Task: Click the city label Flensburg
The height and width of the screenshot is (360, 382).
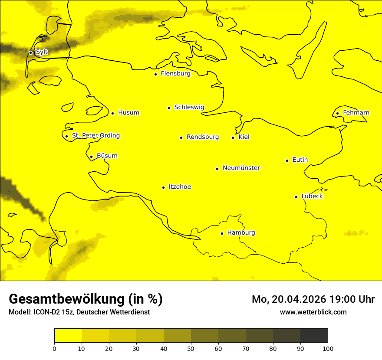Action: click(x=175, y=74)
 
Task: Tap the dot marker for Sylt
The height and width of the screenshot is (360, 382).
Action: click(x=30, y=52)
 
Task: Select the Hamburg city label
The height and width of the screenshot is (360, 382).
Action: click(x=241, y=233)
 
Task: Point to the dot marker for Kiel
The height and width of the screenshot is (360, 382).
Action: click(x=233, y=137)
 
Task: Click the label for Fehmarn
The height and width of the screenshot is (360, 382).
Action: click(x=356, y=113)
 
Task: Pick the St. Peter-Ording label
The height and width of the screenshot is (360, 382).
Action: click(x=95, y=136)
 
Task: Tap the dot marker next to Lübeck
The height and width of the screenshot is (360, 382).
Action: click(x=296, y=197)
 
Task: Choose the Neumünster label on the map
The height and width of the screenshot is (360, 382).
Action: click(x=241, y=168)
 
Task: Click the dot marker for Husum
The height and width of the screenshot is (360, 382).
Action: click(x=112, y=113)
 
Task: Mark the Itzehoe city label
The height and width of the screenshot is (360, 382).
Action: click(x=180, y=187)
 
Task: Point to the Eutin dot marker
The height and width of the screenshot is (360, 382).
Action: click(x=287, y=160)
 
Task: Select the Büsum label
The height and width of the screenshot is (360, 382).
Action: click(x=107, y=156)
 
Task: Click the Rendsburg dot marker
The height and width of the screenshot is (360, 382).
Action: click(x=181, y=137)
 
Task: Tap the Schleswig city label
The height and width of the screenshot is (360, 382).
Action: click(x=189, y=107)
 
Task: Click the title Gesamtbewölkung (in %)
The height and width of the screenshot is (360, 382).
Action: click(x=86, y=299)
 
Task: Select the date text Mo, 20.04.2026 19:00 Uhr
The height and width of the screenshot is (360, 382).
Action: click(x=313, y=299)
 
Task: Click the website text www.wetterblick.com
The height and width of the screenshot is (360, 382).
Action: click(x=313, y=312)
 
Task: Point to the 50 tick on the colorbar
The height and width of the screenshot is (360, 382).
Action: click(x=191, y=348)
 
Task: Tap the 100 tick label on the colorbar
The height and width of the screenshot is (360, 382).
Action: click(x=328, y=348)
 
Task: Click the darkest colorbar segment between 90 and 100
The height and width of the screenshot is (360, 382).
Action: click(x=314, y=336)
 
